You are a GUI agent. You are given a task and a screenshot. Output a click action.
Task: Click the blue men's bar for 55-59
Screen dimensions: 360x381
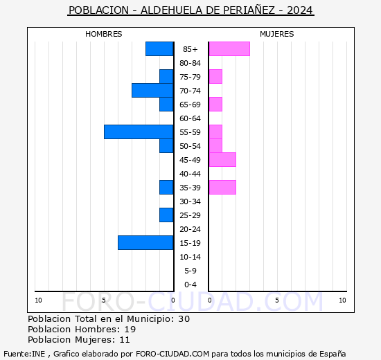139,132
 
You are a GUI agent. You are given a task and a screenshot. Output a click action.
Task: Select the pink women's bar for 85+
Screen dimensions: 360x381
229,48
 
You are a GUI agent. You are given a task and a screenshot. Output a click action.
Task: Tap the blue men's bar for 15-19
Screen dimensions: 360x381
145,242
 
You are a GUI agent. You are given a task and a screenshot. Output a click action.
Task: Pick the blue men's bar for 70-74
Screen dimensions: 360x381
152,90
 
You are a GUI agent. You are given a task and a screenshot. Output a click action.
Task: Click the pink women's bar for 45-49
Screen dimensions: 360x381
222,159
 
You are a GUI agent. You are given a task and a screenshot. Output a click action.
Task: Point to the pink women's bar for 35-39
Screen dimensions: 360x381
222,187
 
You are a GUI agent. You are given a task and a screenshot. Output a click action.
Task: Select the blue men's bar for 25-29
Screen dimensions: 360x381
166,215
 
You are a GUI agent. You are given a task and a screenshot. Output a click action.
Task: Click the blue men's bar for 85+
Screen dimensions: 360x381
159,48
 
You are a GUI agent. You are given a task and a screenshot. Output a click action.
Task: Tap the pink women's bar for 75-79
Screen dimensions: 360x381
215,76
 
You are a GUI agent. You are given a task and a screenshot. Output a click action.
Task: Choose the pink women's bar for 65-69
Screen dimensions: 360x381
215,104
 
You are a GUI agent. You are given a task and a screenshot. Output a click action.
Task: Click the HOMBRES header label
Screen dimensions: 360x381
104,34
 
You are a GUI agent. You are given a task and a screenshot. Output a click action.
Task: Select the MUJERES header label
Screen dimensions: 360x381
276,34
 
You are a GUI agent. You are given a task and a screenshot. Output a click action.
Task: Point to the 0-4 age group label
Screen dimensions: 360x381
190,285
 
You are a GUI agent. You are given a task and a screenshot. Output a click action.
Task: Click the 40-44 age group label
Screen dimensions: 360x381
190,174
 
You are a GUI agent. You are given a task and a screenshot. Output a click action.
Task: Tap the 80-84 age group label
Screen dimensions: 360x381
190,63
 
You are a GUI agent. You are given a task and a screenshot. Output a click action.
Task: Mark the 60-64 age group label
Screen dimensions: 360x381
190,118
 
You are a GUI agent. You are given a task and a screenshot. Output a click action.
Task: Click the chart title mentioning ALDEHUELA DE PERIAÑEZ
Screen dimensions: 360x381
190,10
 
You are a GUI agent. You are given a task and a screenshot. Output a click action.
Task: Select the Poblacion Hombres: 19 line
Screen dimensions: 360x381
82,329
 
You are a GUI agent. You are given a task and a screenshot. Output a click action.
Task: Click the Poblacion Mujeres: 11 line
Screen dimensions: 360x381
79,339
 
